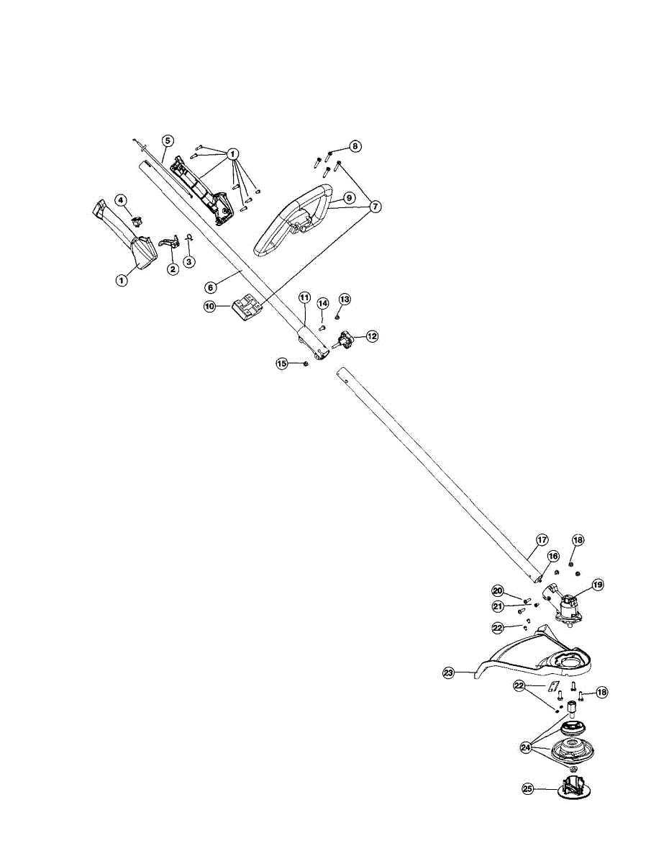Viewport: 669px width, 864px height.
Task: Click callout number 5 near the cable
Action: pos(167,140)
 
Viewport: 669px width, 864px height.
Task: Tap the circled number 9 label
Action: pos(347,197)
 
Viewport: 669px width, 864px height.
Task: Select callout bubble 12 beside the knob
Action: pos(372,336)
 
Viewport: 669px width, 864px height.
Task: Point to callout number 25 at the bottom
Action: pos(527,788)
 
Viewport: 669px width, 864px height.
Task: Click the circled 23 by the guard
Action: pos(449,673)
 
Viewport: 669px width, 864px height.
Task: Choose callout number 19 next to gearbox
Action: pos(597,585)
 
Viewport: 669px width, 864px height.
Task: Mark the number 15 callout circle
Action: pos(283,364)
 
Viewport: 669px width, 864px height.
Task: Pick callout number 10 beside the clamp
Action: pos(210,306)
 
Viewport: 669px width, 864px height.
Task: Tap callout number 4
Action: pos(122,199)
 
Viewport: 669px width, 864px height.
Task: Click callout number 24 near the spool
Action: pos(527,747)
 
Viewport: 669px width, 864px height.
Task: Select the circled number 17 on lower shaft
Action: pos(542,539)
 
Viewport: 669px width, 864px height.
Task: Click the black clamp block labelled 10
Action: pos(246,307)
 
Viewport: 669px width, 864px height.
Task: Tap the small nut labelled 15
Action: pos(306,364)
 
